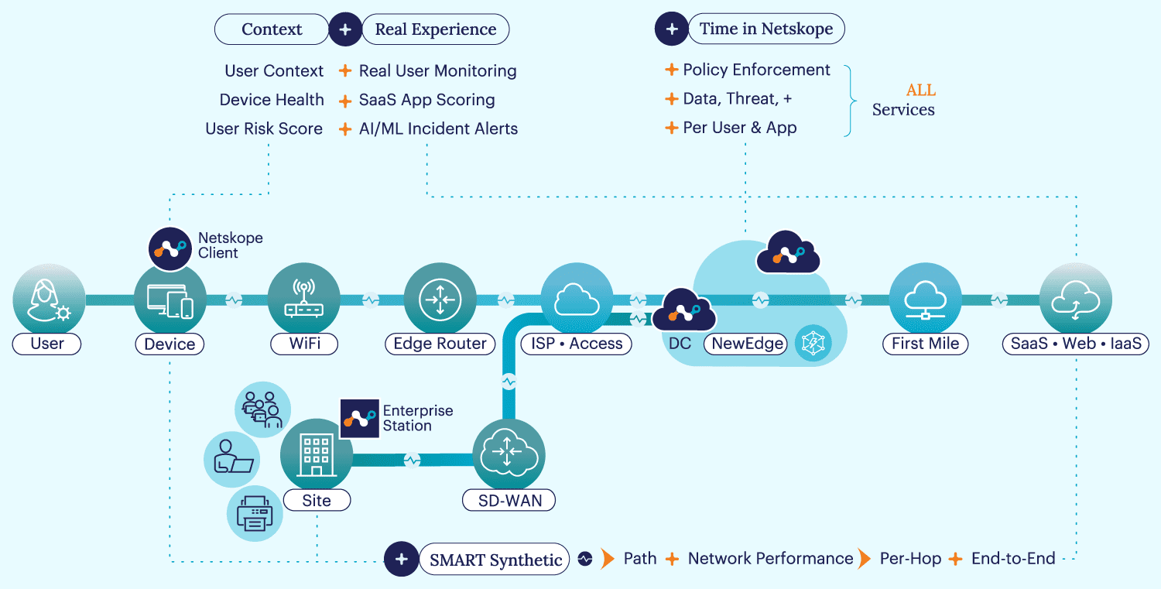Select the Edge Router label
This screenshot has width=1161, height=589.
pyautogui.click(x=440, y=344)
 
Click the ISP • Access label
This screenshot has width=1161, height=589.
pyautogui.click(x=576, y=344)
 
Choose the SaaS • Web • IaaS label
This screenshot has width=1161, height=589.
pyautogui.click(x=1076, y=344)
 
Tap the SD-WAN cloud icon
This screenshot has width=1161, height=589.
pyautogui.click(x=509, y=455)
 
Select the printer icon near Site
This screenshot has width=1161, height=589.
pyautogui.click(x=255, y=513)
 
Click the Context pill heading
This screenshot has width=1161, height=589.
pyautogui.click(x=272, y=29)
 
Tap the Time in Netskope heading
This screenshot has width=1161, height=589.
pyautogui.click(x=765, y=29)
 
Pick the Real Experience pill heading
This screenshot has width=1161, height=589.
pyautogui.click(x=435, y=29)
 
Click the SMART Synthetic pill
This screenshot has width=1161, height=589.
pyautogui.click(x=495, y=560)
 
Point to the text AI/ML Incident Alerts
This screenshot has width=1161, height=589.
pyautogui.click(x=438, y=129)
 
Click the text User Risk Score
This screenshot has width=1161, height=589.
pyautogui.click(x=264, y=129)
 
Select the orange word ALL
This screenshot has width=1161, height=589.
pyautogui.click(x=920, y=91)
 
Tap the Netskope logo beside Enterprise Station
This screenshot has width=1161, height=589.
pyautogui.click(x=360, y=419)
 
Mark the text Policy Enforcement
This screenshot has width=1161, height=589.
pyautogui.click(x=756, y=70)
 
